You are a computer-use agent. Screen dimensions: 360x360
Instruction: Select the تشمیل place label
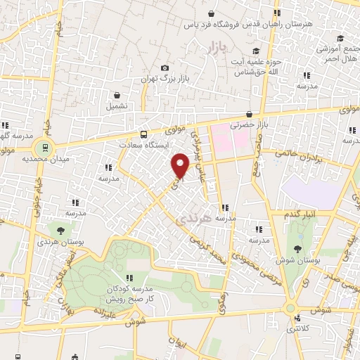[x=117, y=106]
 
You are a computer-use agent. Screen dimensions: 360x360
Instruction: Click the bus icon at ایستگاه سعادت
[x=143, y=134]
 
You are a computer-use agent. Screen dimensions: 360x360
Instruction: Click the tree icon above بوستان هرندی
[x=60, y=230]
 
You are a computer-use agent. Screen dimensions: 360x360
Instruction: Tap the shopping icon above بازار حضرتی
[x=249, y=114]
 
